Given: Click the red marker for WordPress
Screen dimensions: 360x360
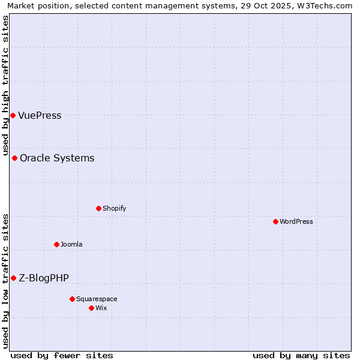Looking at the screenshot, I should pyautogui.click(x=275, y=221).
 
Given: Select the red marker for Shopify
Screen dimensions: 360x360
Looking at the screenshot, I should pyautogui.click(x=98, y=208).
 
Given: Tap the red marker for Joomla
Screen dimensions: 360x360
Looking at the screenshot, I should pyautogui.click(x=56, y=244).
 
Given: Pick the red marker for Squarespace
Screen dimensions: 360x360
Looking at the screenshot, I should pyautogui.click(x=72, y=299).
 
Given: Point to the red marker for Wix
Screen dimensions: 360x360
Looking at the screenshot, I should pyautogui.click(x=91, y=308).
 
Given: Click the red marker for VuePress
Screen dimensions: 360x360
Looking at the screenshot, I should pyautogui.click(x=13, y=115).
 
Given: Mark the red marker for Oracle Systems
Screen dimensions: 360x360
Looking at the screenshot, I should pyautogui.click(x=14, y=158).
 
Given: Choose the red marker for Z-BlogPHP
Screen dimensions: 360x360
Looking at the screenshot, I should pyautogui.click(x=13, y=278).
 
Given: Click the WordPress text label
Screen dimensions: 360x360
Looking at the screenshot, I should pyautogui.click(x=296, y=221).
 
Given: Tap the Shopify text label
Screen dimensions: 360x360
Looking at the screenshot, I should pyautogui.click(x=114, y=208).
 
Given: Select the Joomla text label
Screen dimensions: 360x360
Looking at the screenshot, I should pyautogui.click(x=71, y=244).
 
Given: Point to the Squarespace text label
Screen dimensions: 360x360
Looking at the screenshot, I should pyautogui.click(x=97, y=299).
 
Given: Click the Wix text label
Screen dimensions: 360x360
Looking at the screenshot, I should pyautogui.click(x=101, y=308).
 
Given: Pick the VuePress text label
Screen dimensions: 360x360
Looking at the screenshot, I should pyautogui.click(x=40, y=115).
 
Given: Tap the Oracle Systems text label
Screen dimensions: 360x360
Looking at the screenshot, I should pyautogui.click(x=57, y=158).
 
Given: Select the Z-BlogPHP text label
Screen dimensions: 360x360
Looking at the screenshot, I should pyautogui.click(x=44, y=278).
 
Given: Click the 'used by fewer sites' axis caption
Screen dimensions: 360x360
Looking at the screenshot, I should pyautogui.click(x=62, y=355).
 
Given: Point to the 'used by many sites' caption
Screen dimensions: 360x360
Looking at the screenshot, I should pyautogui.click(x=301, y=355).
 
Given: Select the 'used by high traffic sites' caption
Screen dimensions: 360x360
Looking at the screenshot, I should pyautogui.click(x=6, y=85).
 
